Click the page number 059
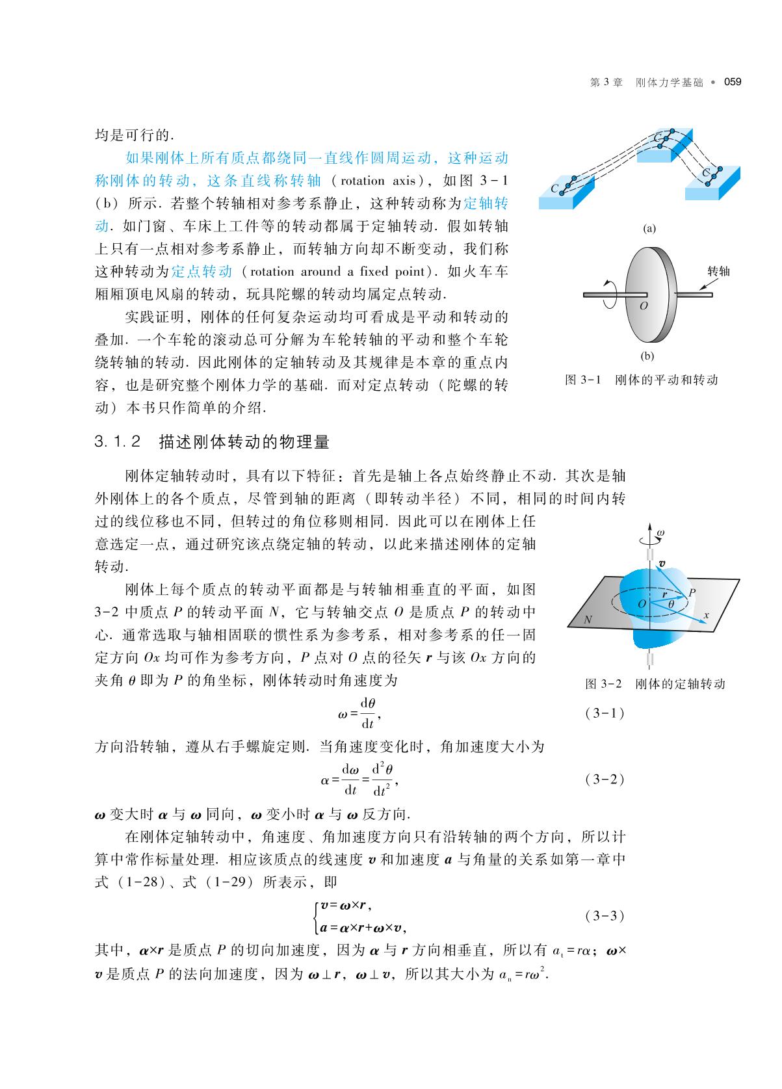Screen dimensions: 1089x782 click(733, 82)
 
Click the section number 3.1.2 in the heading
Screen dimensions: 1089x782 click(118, 443)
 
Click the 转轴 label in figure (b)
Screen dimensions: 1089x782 click(718, 271)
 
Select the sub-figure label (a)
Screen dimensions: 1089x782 click(649, 228)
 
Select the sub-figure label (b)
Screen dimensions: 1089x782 click(647, 356)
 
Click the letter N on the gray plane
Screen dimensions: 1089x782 click(588, 620)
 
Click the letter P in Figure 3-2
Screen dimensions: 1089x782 click(692, 592)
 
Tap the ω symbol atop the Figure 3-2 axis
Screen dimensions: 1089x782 click(660, 532)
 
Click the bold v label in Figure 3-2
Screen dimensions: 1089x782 click(662, 564)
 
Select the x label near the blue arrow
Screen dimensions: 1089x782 click(706, 614)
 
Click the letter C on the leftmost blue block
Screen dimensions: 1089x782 click(554, 189)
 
